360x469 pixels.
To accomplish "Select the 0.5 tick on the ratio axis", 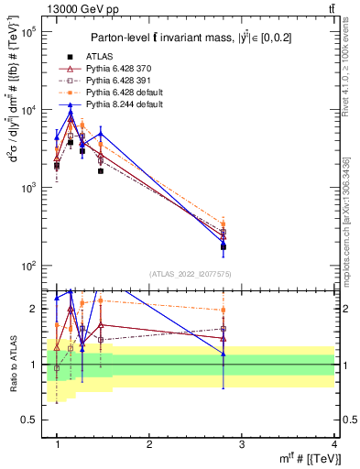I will point(28,420).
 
